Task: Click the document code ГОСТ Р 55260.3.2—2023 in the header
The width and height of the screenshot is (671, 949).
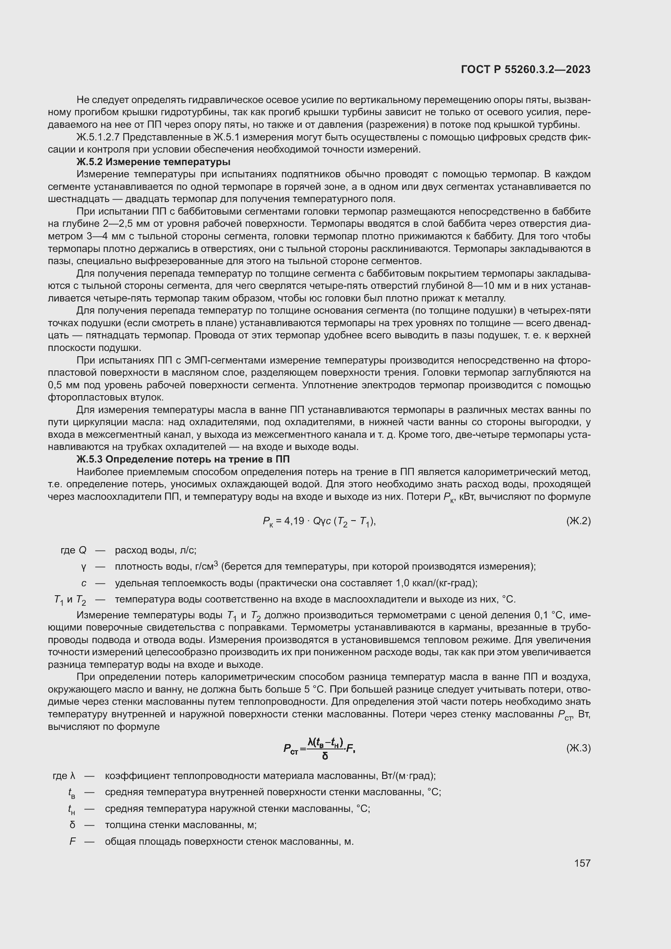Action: click(x=525, y=69)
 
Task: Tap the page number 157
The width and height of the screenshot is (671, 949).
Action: click(x=582, y=863)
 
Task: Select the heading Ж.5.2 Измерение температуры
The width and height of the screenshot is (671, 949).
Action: click(x=153, y=161)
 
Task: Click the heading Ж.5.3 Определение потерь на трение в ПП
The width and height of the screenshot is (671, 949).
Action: click(x=183, y=459)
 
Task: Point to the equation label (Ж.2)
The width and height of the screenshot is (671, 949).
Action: click(x=579, y=521)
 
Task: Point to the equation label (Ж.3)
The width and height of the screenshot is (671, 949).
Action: click(x=579, y=748)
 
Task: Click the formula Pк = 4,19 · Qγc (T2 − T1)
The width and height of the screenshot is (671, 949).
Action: click(x=319, y=522)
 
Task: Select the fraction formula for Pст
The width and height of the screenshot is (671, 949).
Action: click(x=319, y=748)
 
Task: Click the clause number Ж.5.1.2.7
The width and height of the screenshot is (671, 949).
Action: click(x=97, y=137)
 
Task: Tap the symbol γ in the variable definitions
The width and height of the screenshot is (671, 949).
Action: click(x=84, y=567)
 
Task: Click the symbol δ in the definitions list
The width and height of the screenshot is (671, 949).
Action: click(x=73, y=825)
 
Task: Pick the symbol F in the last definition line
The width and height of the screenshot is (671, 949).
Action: click(x=73, y=841)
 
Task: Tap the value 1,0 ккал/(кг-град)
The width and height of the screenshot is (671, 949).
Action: click(x=436, y=583)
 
